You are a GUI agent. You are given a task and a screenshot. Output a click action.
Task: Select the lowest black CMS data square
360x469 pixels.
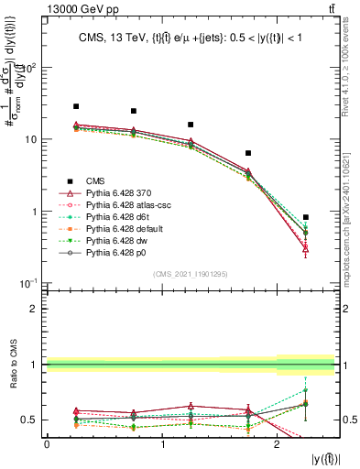coord(306,217)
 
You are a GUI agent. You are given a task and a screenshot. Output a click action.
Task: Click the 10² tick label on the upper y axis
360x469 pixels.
coord(30,68)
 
